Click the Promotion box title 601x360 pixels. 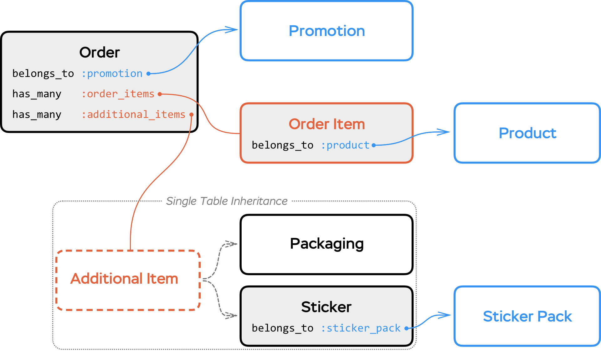click(x=326, y=31)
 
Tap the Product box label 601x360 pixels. click(x=527, y=133)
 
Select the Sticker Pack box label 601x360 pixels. click(x=527, y=316)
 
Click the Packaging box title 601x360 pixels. click(x=326, y=244)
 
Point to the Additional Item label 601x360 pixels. click(x=124, y=279)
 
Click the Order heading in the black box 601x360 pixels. click(x=100, y=52)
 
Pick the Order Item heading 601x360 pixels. click(x=326, y=124)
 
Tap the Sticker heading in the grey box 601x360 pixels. click(x=326, y=307)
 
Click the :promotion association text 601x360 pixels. click(x=112, y=74)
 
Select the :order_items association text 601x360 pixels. click(x=118, y=94)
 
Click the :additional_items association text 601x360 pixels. click(x=134, y=114)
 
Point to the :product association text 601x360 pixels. click(x=345, y=145)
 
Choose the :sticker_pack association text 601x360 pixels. click(x=361, y=328)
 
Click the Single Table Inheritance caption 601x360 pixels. click(x=227, y=201)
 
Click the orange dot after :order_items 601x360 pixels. click(x=160, y=94)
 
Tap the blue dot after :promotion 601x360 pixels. click(x=149, y=74)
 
